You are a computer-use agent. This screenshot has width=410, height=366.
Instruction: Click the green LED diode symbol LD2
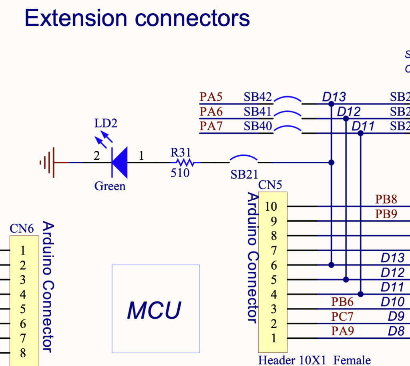tap(120, 162)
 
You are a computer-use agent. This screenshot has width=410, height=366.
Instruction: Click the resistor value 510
tap(180, 173)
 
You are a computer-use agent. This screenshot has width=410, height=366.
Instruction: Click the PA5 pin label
tap(211, 97)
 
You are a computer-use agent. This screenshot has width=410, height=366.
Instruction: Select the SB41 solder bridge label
tap(257, 111)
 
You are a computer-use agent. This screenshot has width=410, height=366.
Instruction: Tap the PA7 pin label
tap(211, 126)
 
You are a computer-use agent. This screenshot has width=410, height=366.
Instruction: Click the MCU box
tap(155, 309)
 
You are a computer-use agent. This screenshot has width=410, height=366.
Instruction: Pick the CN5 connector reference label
tap(270, 185)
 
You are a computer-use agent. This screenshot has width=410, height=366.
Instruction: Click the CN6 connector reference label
tap(22, 229)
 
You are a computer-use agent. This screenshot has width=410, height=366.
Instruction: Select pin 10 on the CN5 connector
tap(271, 207)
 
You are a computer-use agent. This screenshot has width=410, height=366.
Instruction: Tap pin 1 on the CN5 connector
tap(274, 338)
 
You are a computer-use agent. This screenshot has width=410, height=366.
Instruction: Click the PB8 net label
tap(386, 199)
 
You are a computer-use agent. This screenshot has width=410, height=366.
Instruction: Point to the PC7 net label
tap(342, 317)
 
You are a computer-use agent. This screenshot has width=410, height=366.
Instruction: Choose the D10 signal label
tap(392, 302)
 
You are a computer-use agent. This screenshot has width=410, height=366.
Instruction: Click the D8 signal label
tap(396, 331)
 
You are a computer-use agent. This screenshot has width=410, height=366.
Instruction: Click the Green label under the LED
tap(110, 186)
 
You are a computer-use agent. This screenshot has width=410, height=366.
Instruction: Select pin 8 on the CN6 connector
tap(23, 353)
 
